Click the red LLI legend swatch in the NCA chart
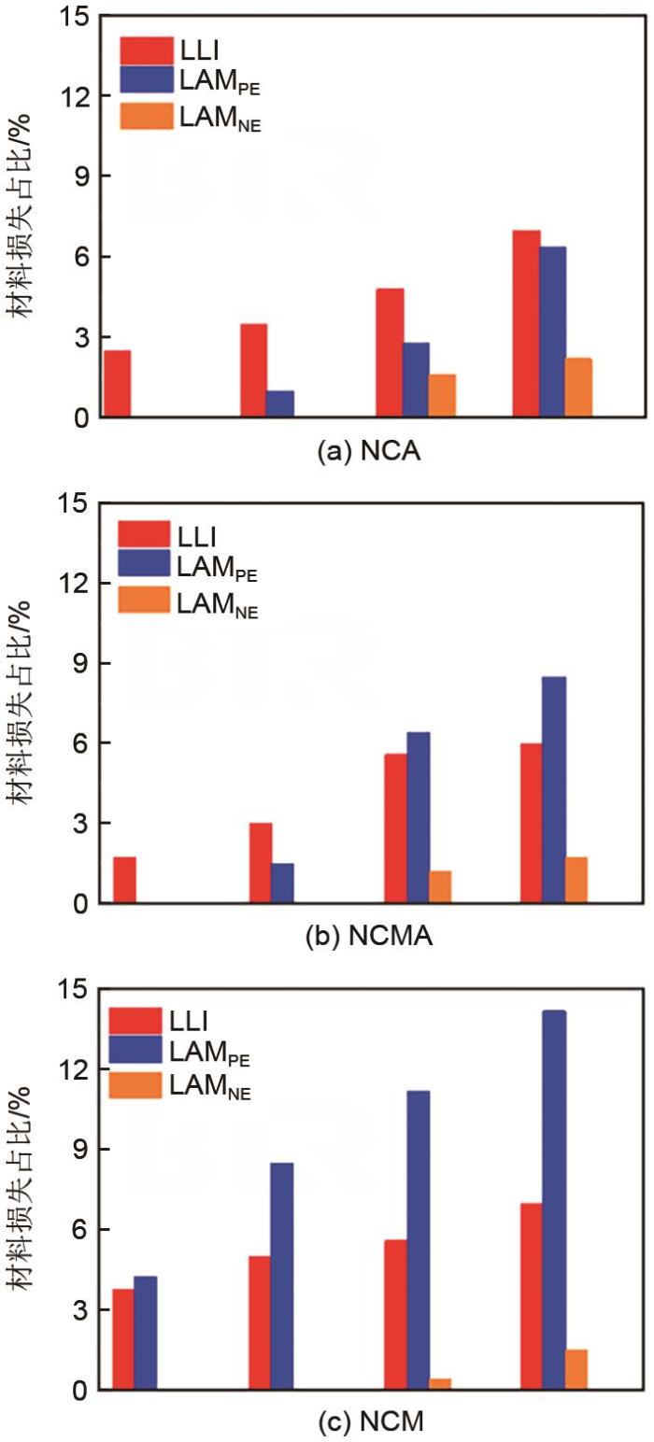(146, 50)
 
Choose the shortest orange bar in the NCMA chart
(439, 887)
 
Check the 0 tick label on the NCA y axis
(78, 417)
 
